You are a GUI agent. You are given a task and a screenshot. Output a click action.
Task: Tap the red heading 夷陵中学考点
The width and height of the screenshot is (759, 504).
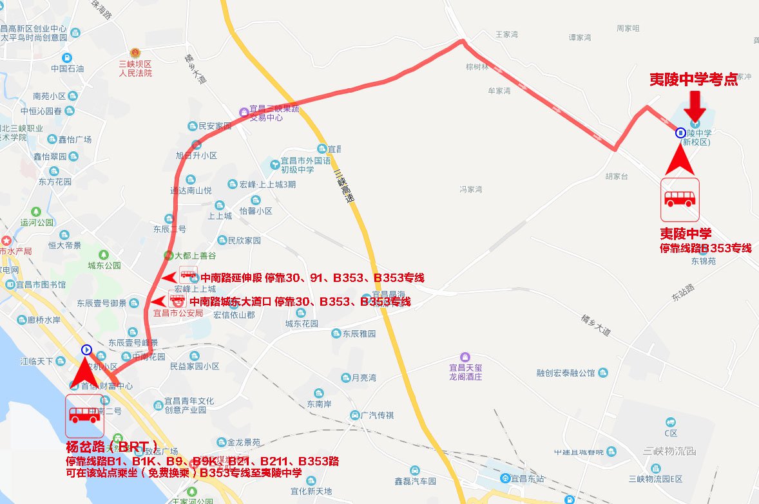tap(693, 79)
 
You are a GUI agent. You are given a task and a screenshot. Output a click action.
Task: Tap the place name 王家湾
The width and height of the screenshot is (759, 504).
tap(506, 35)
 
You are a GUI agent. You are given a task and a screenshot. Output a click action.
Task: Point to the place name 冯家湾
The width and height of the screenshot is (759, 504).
tap(471, 189)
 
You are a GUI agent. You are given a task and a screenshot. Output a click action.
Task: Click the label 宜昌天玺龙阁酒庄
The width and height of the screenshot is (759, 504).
tap(465, 371)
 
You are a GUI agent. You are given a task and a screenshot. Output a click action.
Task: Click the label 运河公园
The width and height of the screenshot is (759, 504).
tap(37, 223)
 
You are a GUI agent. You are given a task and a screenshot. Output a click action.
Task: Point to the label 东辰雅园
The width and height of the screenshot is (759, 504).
tap(358, 334)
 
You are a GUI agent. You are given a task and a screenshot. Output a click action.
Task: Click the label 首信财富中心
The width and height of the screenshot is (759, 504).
tap(106, 386)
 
